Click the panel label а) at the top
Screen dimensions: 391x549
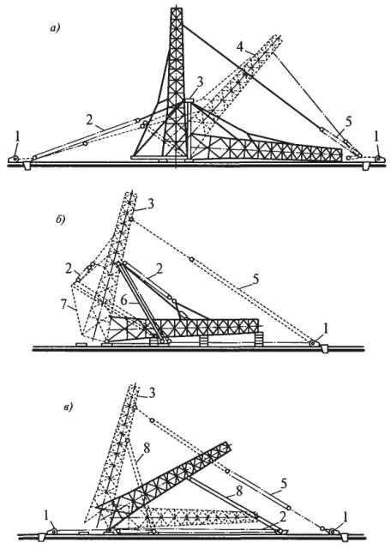coord(56,28)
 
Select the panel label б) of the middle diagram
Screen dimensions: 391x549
coord(61,220)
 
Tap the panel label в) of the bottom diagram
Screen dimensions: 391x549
coord(68,407)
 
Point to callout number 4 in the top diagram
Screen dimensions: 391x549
coord(239,45)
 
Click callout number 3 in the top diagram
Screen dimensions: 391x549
coord(200,81)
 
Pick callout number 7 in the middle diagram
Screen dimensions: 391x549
coord(63,305)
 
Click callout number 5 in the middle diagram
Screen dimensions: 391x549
coord(256,279)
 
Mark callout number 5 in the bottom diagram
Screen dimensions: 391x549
coord(284,484)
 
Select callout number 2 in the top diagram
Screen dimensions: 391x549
coord(90,121)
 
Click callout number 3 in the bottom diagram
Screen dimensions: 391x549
coord(151,393)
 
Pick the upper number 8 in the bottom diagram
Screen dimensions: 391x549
coord(147,449)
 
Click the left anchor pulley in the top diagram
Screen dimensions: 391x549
coord(15,160)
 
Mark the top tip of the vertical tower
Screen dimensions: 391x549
coord(177,6)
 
